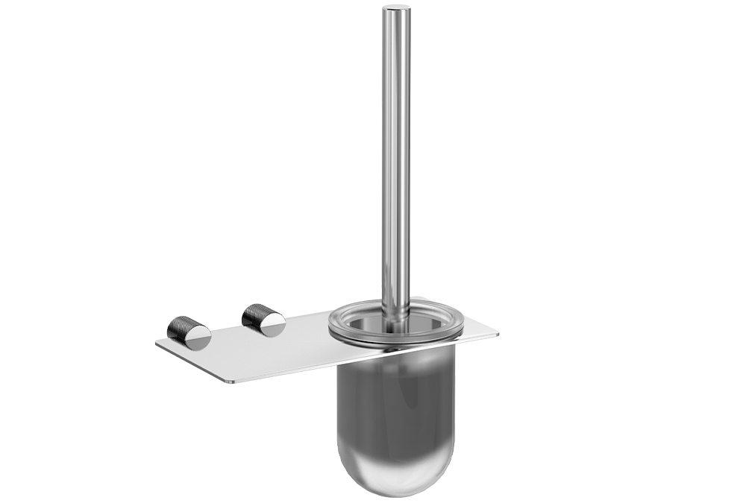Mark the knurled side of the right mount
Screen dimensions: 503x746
click(x=254, y=314)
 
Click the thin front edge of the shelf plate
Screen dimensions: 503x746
click(x=298, y=370)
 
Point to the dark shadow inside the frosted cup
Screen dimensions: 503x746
click(x=395, y=402)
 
